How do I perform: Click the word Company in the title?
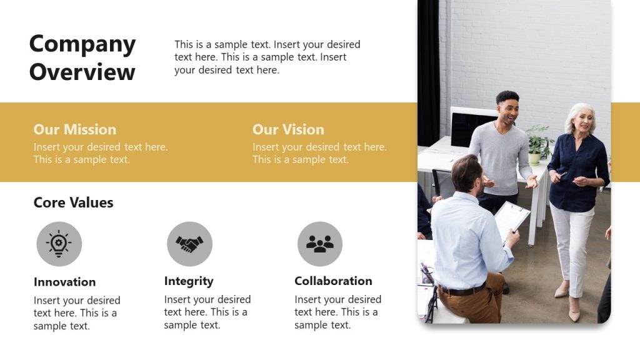click(82, 44)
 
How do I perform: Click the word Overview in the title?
click(82, 72)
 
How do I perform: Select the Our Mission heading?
click(74, 129)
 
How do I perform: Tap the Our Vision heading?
click(288, 129)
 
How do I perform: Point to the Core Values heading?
click(73, 202)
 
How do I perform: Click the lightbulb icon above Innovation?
click(59, 243)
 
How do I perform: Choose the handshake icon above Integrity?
click(189, 243)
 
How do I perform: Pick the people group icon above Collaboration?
click(320, 243)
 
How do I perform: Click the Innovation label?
click(64, 282)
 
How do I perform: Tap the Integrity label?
click(189, 281)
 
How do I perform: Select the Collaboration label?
click(333, 281)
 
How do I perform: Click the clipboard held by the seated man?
click(511, 219)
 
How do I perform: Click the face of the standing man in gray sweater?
click(507, 109)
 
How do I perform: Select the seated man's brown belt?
click(462, 290)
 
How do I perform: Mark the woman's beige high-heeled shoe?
click(574, 313)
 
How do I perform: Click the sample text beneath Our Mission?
click(100, 153)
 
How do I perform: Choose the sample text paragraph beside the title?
click(267, 57)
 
